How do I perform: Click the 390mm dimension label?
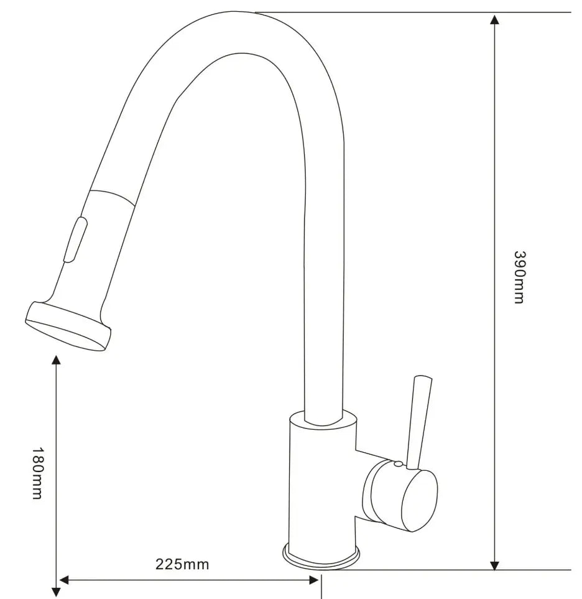point(519,277)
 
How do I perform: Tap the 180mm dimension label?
point(37,473)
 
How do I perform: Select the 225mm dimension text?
point(182,565)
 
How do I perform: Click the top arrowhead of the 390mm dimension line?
point(494,18)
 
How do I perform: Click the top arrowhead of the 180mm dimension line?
point(57,360)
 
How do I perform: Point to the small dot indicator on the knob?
point(397,464)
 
